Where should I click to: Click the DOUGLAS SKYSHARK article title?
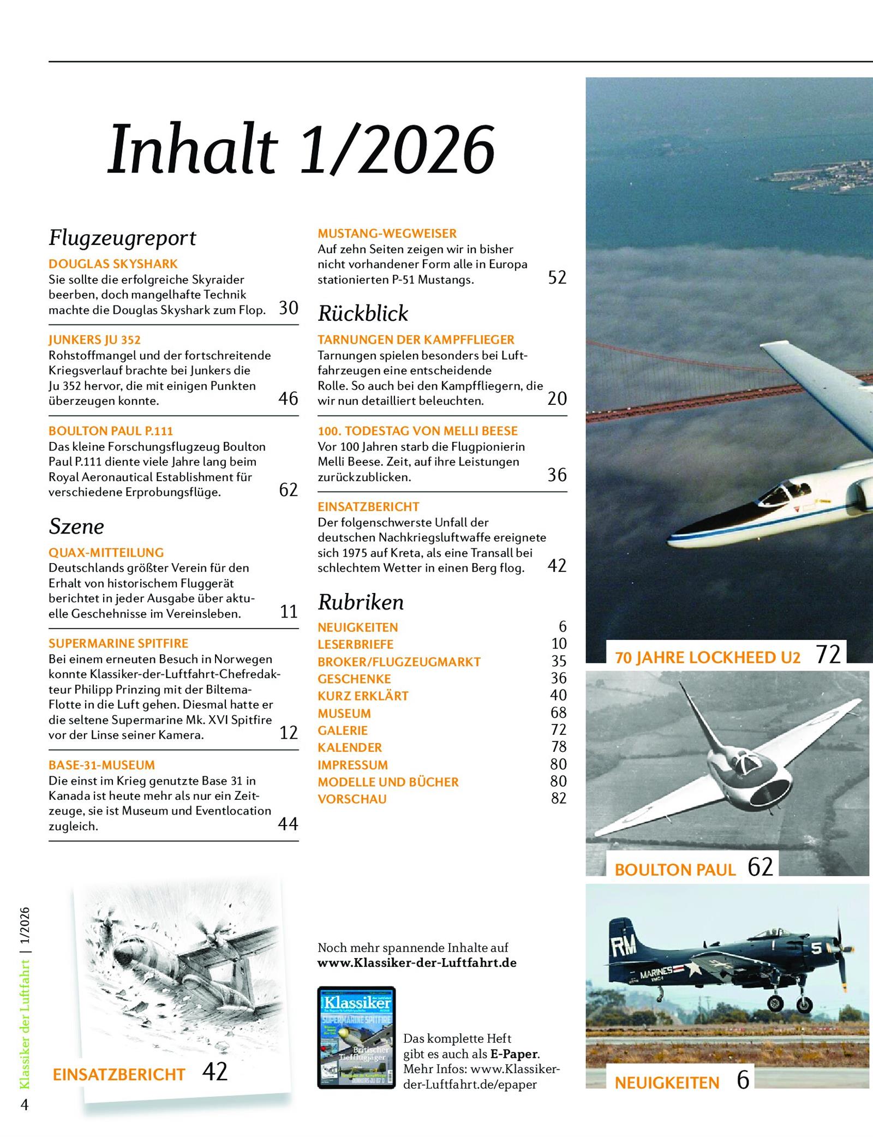(x=113, y=264)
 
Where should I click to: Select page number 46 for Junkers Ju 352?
(x=288, y=398)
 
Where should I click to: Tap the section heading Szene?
(x=76, y=526)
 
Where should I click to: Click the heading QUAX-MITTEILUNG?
(x=106, y=552)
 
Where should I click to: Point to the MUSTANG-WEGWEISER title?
(x=387, y=234)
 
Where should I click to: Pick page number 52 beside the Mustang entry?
(x=557, y=277)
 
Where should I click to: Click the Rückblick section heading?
(x=363, y=314)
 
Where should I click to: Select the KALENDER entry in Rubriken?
(x=350, y=747)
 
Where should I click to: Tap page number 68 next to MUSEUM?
(x=559, y=713)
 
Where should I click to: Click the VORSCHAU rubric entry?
(x=352, y=799)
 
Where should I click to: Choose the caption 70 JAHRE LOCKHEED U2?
(x=708, y=657)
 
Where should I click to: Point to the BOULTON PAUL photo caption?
(x=675, y=870)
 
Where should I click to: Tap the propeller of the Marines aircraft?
(x=841, y=960)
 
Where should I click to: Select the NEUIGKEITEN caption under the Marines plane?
(x=667, y=1083)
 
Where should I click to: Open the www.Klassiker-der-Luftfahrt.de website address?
(x=417, y=962)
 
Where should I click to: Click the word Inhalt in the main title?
(x=193, y=150)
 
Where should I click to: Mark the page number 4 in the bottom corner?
(x=24, y=1105)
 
